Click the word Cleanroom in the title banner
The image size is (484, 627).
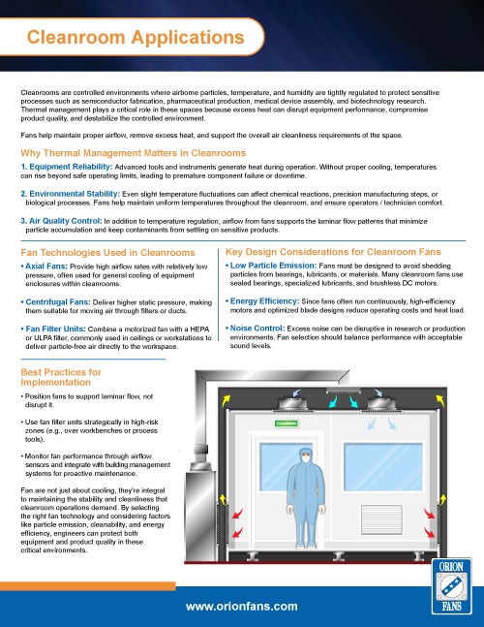click(76, 37)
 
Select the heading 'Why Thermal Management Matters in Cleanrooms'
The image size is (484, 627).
click(133, 153)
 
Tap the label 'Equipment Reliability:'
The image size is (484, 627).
click(67, 167)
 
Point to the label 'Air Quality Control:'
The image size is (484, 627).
click(62, 221)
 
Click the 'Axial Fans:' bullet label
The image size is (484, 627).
click(45, 266)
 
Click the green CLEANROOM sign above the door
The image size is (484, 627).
click(287, 423)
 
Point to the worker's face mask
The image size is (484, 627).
click(306, 459)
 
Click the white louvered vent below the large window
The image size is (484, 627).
click(381, 519)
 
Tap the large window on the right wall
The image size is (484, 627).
click(383, 467)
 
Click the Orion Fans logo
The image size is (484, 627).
click(452, 585)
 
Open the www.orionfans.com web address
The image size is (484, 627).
click(242, 607)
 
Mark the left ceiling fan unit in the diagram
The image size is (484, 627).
click(293, 403)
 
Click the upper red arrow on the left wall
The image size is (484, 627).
click(237, 514)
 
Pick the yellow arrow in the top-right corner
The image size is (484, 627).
click(440, 400)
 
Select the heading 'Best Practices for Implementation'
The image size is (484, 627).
click(61, 377)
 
